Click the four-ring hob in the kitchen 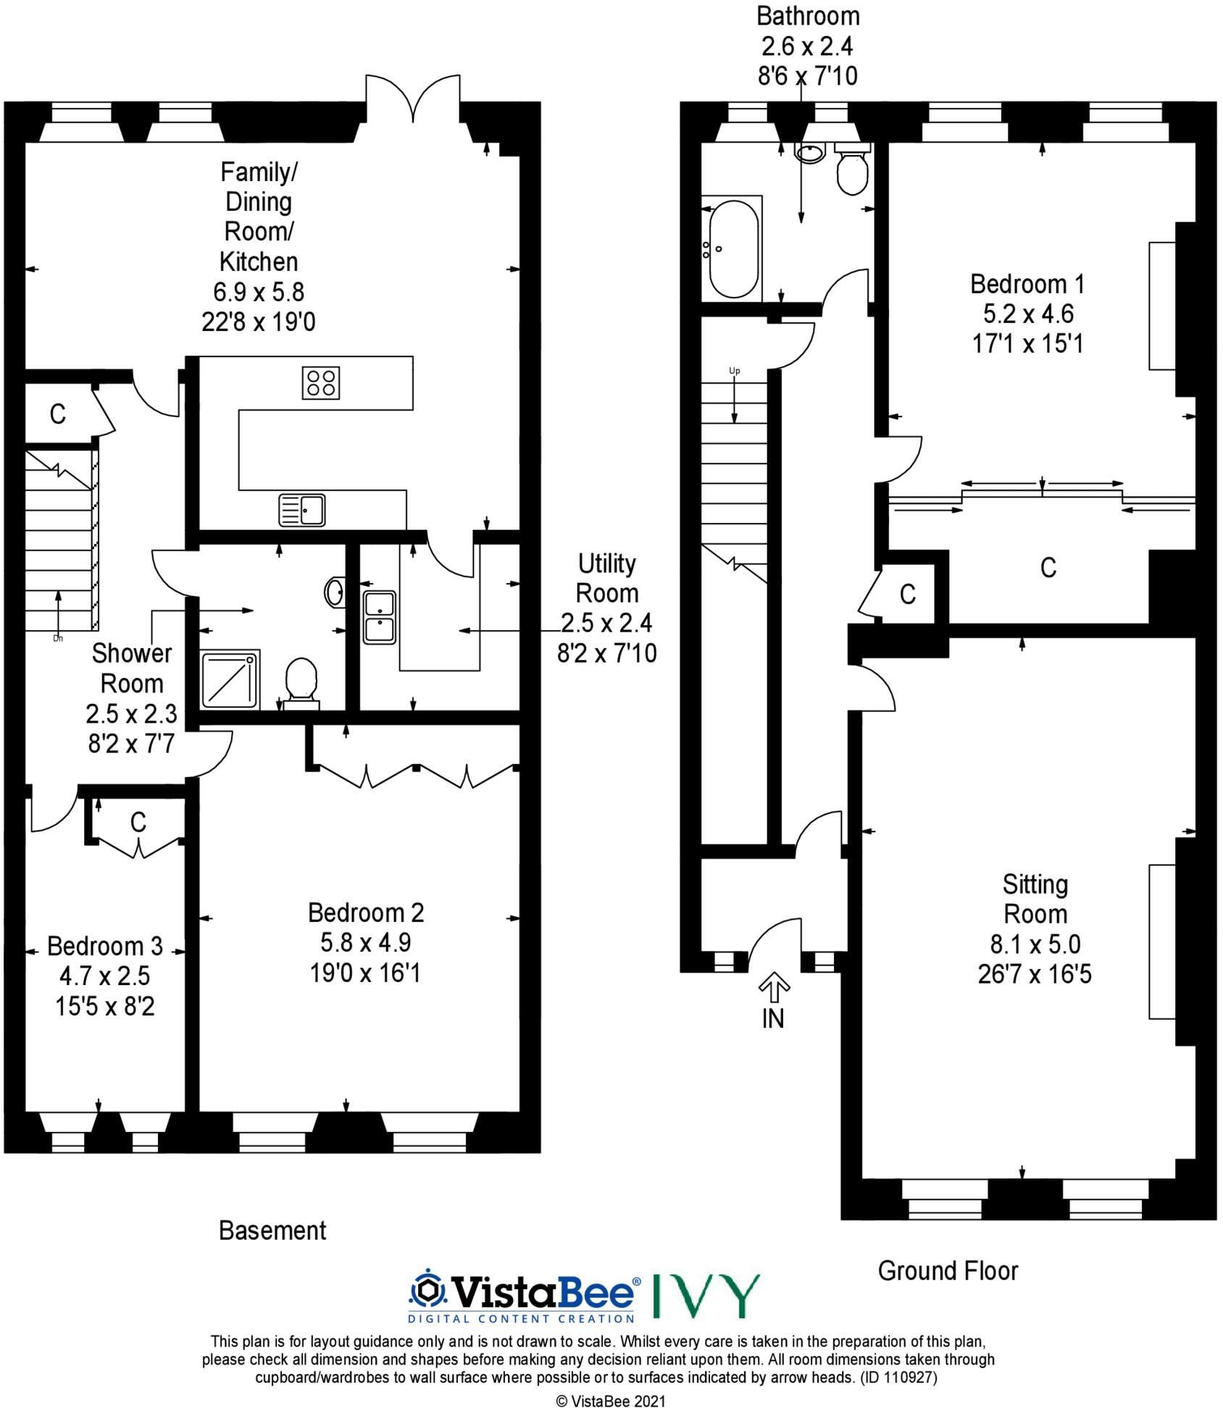pos(321,383)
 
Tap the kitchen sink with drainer pos(301,509)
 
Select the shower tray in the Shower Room pos(230,679)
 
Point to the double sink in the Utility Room pos(379,617)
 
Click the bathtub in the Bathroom pos(734,248)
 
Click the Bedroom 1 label pos(1027,284)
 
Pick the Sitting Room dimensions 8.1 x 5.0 pos(1035,944)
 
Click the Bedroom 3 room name pos(105,946)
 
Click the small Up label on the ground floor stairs pos(735,371)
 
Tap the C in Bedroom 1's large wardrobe pos(1048,568)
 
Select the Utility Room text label pos(607,578)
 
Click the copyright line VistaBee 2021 pos(610,1401)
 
